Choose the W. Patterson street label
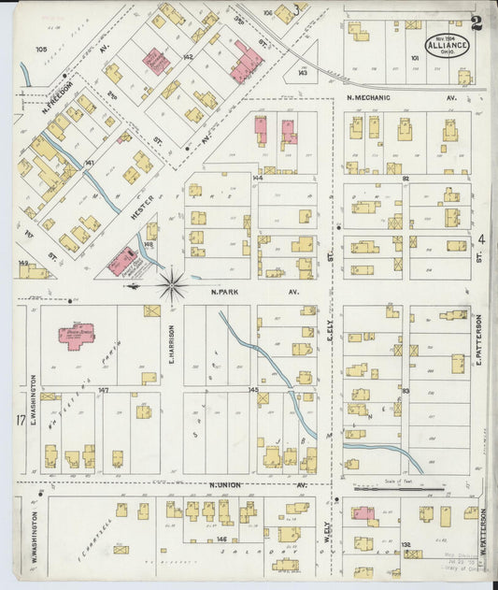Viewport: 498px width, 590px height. coord(483,529)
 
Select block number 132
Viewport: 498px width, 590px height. coord(406,543)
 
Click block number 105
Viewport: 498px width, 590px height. coord(41,49)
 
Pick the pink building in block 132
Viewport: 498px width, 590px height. coord(363,512)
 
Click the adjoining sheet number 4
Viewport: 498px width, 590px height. coord(482,240)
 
